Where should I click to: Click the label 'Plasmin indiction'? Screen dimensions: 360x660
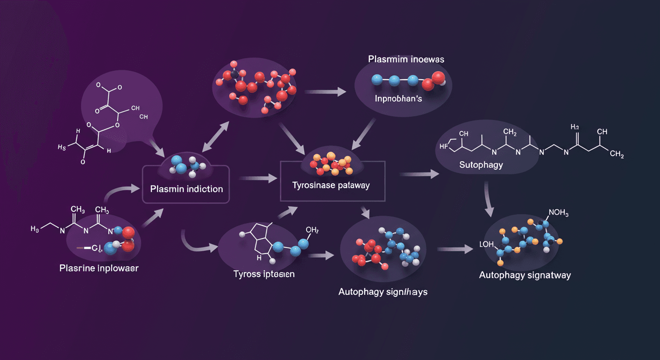187,189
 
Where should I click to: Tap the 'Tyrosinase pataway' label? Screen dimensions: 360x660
331,185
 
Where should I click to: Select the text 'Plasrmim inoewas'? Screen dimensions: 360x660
406,60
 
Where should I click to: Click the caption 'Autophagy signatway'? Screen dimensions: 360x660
525,275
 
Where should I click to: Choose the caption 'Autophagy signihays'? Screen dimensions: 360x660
383,292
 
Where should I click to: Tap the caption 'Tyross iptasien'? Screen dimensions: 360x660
264,274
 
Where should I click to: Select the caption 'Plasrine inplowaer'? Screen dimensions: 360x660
99,269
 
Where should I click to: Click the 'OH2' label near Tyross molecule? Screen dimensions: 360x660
312,230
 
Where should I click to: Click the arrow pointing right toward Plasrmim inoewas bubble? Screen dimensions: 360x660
330,91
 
